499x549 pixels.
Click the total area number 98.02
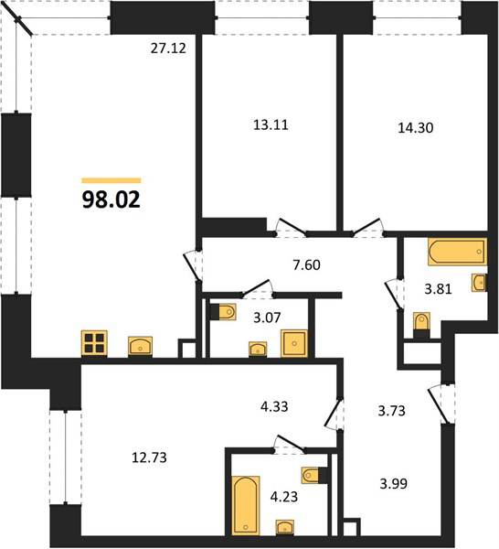tap(111, 199)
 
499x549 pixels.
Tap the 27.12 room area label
tap(168, 48)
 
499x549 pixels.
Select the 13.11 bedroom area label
tap(271, 125)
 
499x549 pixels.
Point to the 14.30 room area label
tap(416, 128)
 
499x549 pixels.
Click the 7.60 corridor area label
tap(307, 265)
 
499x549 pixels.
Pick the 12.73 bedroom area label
tap(149, 457)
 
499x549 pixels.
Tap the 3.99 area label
tap(393, 484)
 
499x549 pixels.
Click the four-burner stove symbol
tap(94, 343)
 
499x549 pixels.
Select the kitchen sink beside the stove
tap(140, 346)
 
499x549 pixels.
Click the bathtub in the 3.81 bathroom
tap(457, 252)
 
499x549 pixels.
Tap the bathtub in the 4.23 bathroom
tap(246, 506)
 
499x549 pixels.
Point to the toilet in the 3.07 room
tap(223, 312)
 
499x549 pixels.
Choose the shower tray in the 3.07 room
tap(294, 343)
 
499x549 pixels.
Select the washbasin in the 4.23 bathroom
tap(285, 527)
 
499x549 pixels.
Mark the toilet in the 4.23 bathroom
tap(314, 475)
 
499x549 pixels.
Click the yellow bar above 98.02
tap(111, 180)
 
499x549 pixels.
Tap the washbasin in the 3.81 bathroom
tap(479, 282)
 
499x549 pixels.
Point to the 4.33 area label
tap(274, 407)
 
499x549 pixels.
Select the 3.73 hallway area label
tap(392, 410)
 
